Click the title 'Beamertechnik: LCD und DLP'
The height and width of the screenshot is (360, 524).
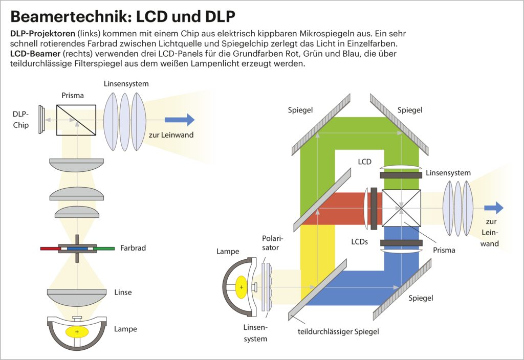[123, 16]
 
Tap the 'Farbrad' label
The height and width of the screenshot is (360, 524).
[133, 248]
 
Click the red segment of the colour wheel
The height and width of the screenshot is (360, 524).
[50, 249]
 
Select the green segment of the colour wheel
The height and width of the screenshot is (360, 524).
[104, 249]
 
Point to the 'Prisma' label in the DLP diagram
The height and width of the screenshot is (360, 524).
[72, 96]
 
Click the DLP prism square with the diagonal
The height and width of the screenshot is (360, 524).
[76, 120]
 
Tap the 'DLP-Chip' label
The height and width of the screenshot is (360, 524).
[21, 119]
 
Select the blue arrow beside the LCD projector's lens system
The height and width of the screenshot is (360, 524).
[494, 208]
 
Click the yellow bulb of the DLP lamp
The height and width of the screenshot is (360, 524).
[77, 332]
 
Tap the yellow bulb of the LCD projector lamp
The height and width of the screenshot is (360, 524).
[241, 287]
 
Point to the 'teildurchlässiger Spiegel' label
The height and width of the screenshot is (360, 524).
[338, 332]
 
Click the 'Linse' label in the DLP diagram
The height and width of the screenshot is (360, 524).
[123, 292]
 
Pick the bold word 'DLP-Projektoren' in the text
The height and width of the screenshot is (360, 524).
[39, 33]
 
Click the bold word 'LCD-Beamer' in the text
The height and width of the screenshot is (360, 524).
[34, 54]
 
